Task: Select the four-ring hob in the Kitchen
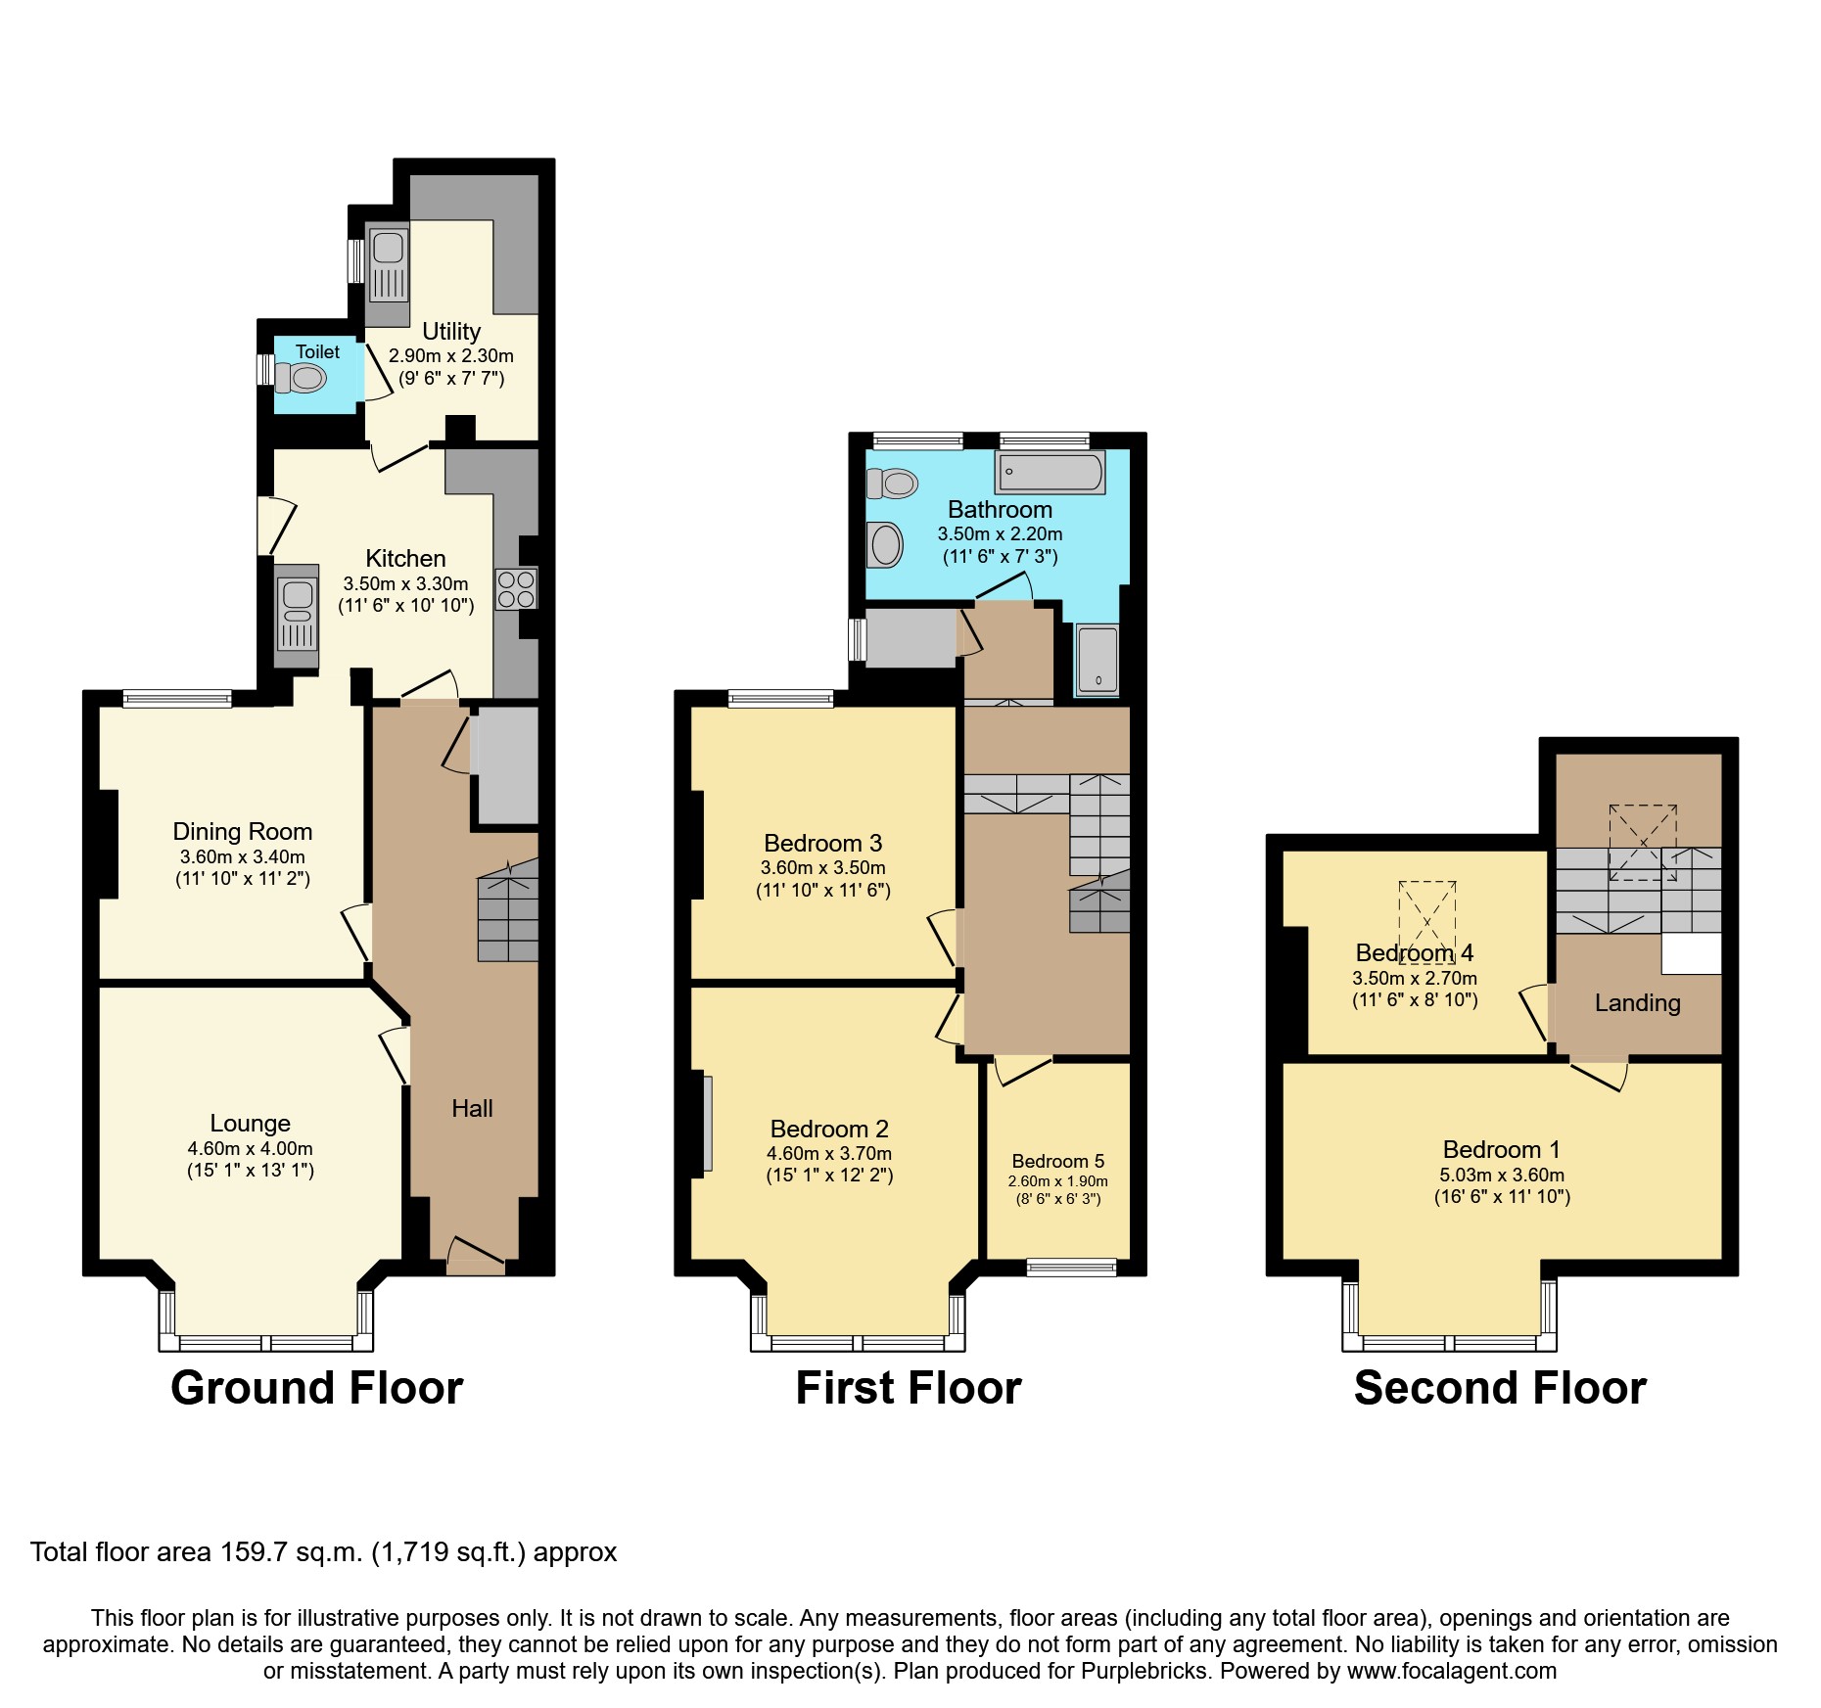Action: (516, 589)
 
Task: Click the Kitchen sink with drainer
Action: (297, 614)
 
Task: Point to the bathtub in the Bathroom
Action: (1050, 473)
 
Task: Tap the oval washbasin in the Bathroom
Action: (886, 544)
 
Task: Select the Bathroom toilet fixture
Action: (894, 483)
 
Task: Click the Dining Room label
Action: (243, 832)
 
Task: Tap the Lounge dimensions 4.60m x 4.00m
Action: (251, 1148)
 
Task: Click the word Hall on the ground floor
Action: (472, 1108)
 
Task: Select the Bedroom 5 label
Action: (1057, 1161)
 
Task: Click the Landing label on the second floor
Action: (1637, 1002)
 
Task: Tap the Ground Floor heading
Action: (316, 1388)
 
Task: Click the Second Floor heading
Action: (1499, 1388)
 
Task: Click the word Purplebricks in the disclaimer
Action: (1147, 1671)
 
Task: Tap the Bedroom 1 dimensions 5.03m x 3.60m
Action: (1502, 1175)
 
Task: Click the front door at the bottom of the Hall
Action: (477, 1258)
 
